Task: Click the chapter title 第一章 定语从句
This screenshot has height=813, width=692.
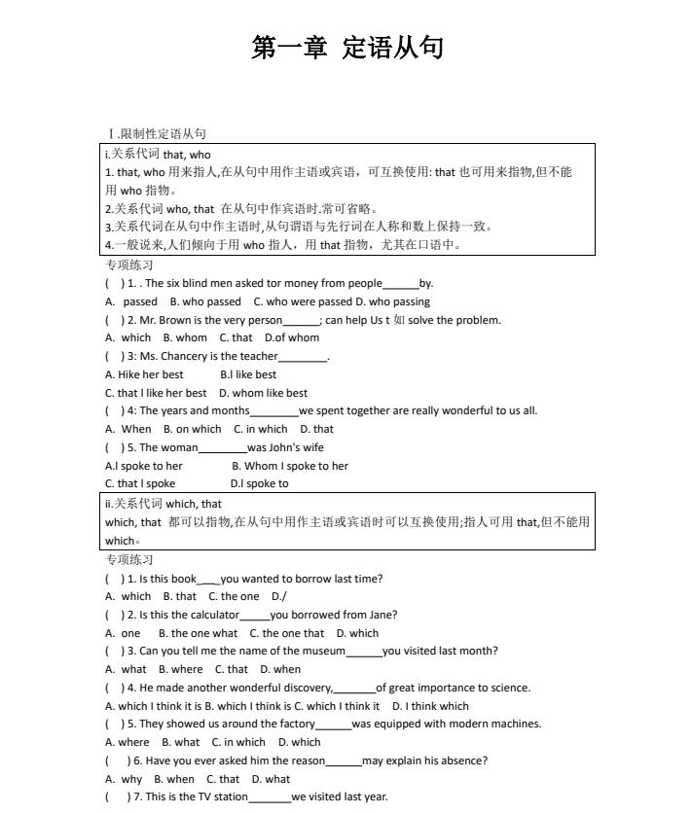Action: coord(346,48)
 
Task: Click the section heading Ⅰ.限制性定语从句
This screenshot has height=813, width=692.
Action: coord(157,134)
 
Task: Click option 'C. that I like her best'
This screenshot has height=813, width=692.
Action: coord(156,393)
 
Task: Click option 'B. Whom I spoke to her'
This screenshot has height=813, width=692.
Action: coord(289,466)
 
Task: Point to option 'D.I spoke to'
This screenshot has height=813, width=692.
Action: coord(259,483)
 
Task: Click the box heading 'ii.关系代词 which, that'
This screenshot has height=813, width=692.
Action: coord(164,504)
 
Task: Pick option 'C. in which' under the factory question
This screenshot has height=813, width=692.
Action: coord(237,742)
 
